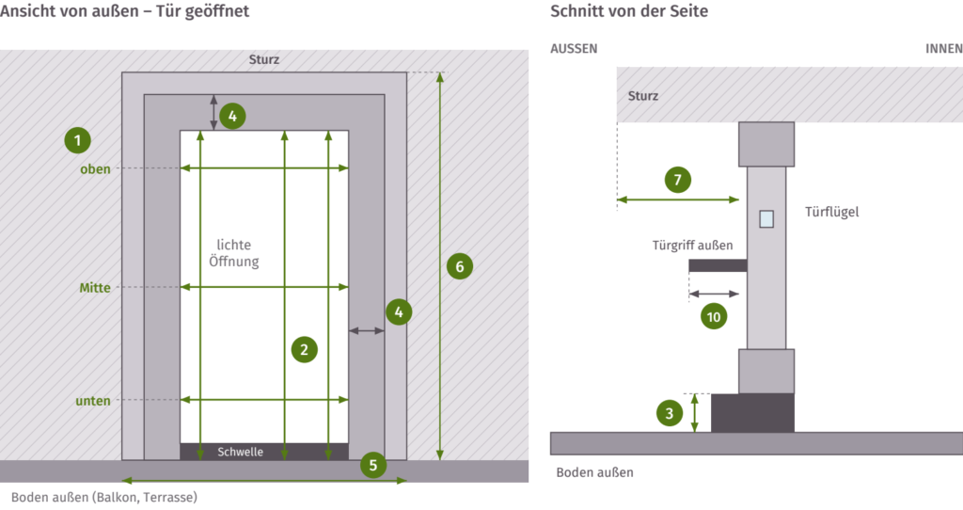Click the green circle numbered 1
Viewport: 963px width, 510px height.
coord(77,140)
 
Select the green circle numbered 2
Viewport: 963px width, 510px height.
coord(304,350)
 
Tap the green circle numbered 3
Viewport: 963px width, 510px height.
coord(669,413)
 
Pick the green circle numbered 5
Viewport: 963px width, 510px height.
coord(372,465)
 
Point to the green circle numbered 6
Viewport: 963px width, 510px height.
coord(459,266)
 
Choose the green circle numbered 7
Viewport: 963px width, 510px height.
coord(677,180)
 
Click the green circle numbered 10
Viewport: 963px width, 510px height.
coord(713,316)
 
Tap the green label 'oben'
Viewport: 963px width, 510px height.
coord(95,169)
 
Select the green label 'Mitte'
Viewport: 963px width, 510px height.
coord(95,288)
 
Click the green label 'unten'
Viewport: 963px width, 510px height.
coord(93,401)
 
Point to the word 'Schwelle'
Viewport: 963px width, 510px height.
coord(240,452)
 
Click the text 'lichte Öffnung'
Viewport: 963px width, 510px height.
coord(234,253)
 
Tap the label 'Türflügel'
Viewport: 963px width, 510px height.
coord(831,212)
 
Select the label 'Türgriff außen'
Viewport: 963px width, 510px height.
coord(692,246)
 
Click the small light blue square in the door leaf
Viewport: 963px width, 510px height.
coord(766,218)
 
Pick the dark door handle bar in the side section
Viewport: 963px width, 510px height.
coord(718,265)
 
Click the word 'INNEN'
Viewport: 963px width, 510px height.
coord(944,49)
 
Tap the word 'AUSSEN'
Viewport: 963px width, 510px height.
coord(574,49)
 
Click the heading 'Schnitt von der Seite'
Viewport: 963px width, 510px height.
coord(629,11)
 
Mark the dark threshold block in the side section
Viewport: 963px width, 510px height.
coord(752,413)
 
